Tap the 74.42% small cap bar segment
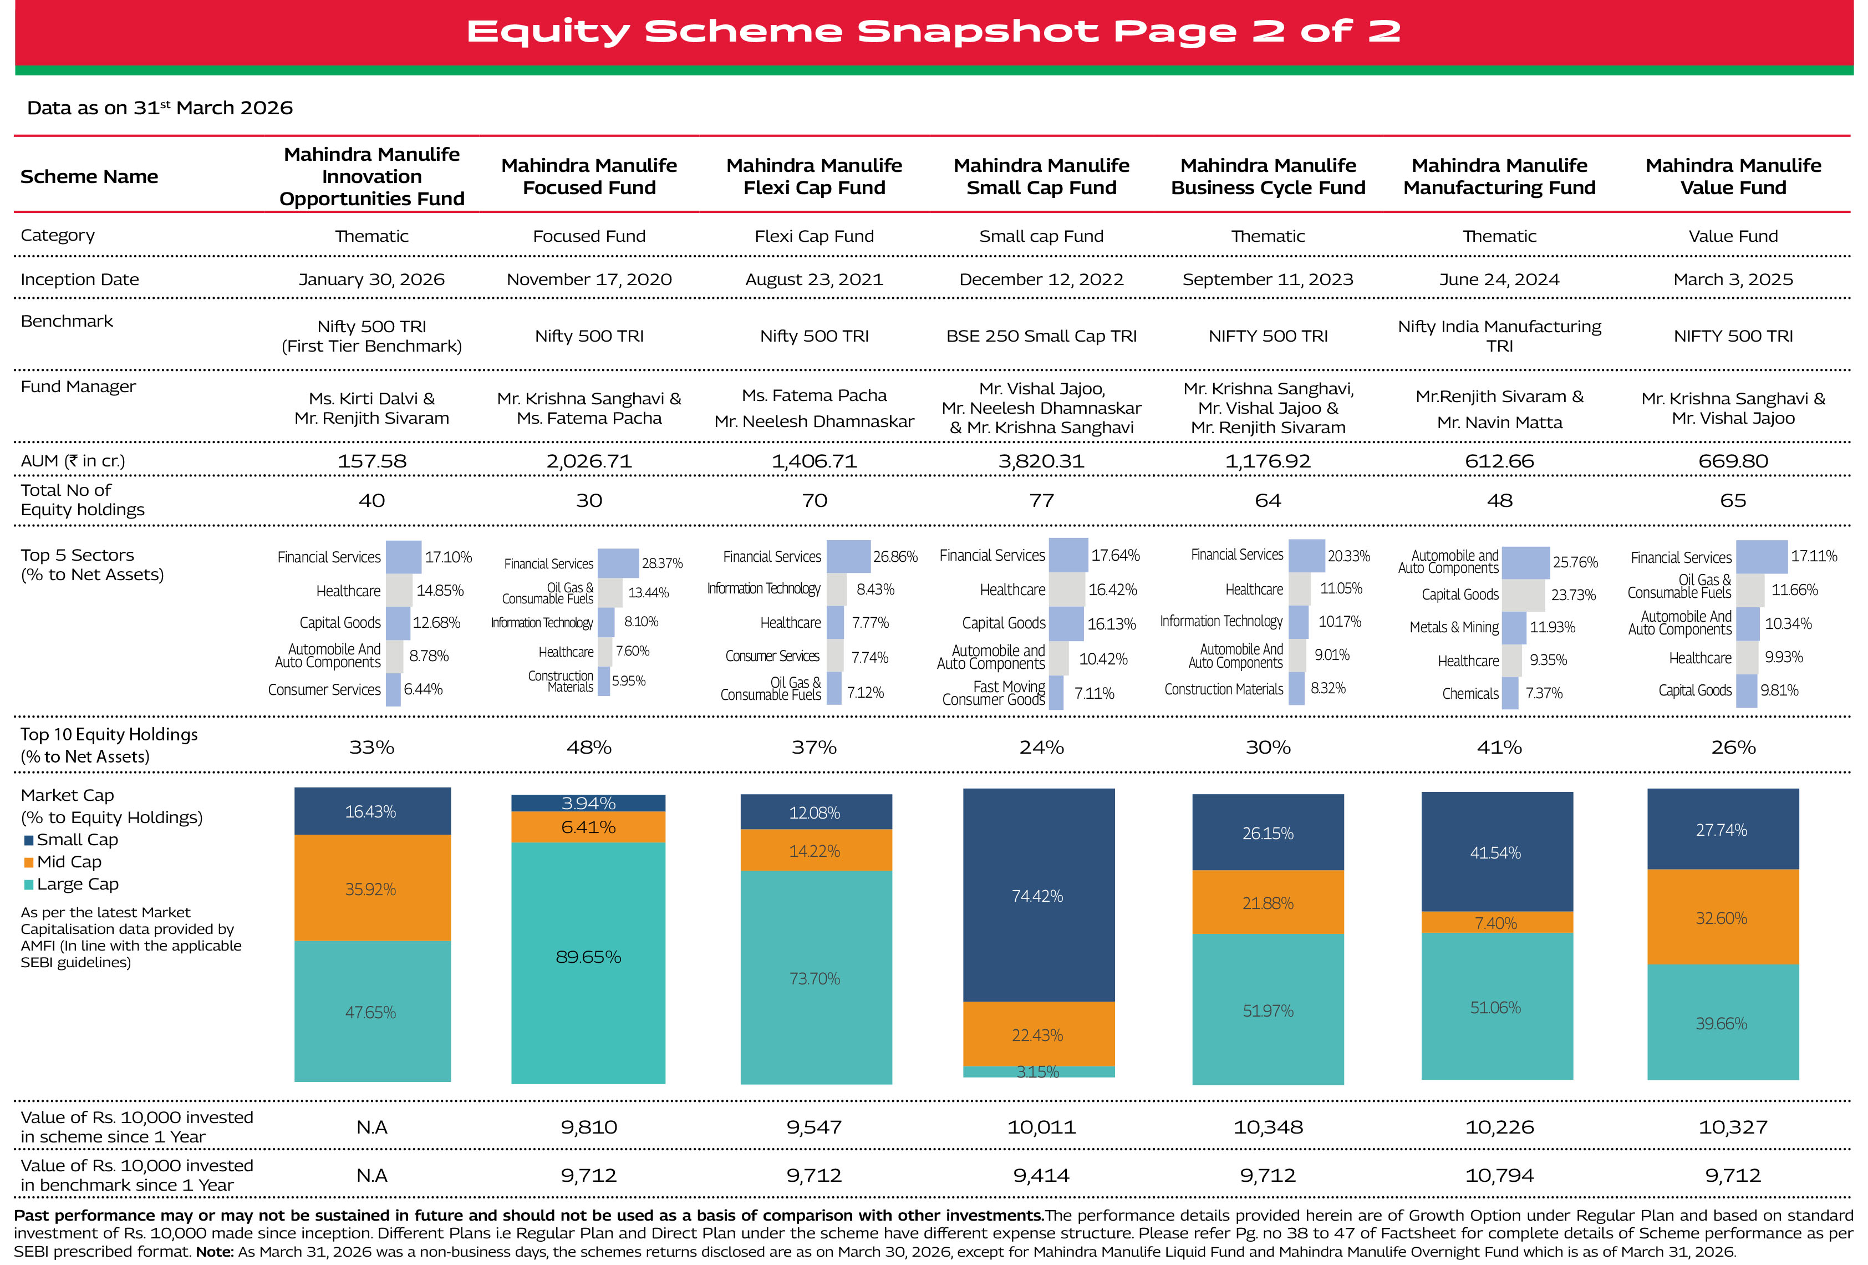(x=1038, y=895)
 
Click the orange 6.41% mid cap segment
(x=588, y=827)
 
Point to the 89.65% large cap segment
(x=588, y=957)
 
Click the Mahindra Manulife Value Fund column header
(x=1732, y=176)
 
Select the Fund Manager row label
(x=78, y=387)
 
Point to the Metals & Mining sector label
(x=1453, y=627)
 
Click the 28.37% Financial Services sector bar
(x=618, y=563)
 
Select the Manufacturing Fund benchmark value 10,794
(x=1499, y=1175)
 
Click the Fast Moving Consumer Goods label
(x=994, y=693)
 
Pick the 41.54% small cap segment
(x=1496, y=852)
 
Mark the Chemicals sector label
(x=1469, y=693)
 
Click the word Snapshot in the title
(x=978, y=32)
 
